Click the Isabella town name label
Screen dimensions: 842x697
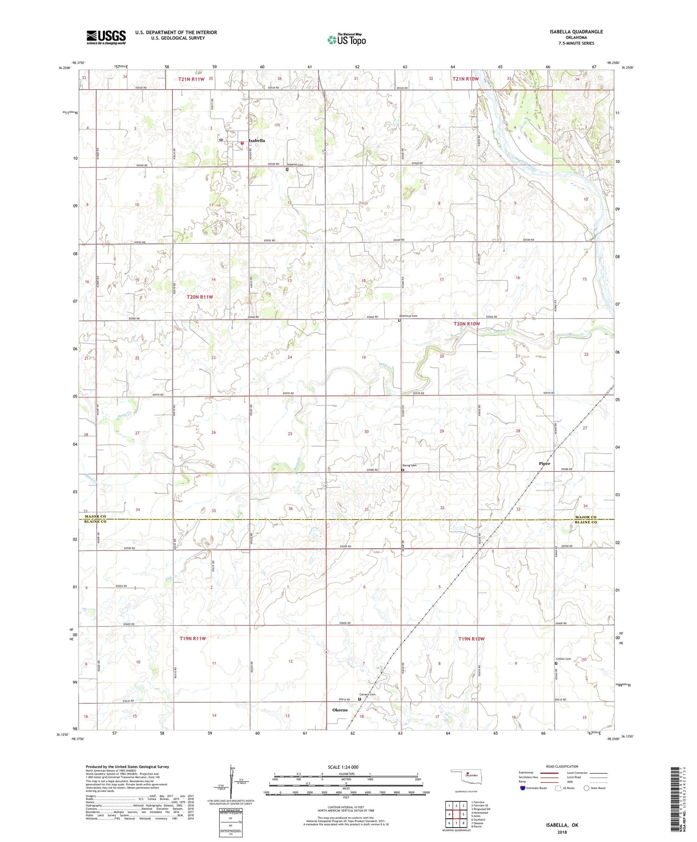click(256, 140)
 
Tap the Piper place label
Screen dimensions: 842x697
click(544, 463)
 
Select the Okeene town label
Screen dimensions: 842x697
click(340, 710)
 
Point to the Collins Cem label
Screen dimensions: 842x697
click(563, 659)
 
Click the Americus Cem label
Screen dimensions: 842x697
click(408, 316)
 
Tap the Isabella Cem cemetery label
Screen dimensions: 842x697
click(295, 165)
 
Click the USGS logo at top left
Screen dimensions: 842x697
click(106, 37)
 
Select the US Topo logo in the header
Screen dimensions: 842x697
click(347, 39)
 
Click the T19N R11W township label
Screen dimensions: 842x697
click(192, 639)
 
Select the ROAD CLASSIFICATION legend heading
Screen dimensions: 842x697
click(562, 766)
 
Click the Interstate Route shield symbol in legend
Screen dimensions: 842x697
click(522, 788)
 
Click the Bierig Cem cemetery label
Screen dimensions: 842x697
click(409, 465)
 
